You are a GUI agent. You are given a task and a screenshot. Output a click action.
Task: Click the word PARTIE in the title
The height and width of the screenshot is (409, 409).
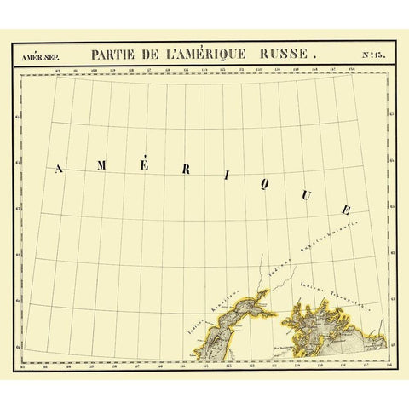click(120, 52)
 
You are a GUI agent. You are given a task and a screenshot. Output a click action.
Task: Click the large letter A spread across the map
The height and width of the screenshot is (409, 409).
click(59, 169)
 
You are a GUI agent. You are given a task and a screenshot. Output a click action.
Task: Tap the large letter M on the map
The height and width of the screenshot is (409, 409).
click(101, 165)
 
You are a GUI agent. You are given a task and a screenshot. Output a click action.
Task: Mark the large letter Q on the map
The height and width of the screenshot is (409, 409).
click(268, 183)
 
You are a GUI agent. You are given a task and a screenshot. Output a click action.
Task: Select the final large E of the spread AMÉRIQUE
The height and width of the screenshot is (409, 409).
click(345, 210)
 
